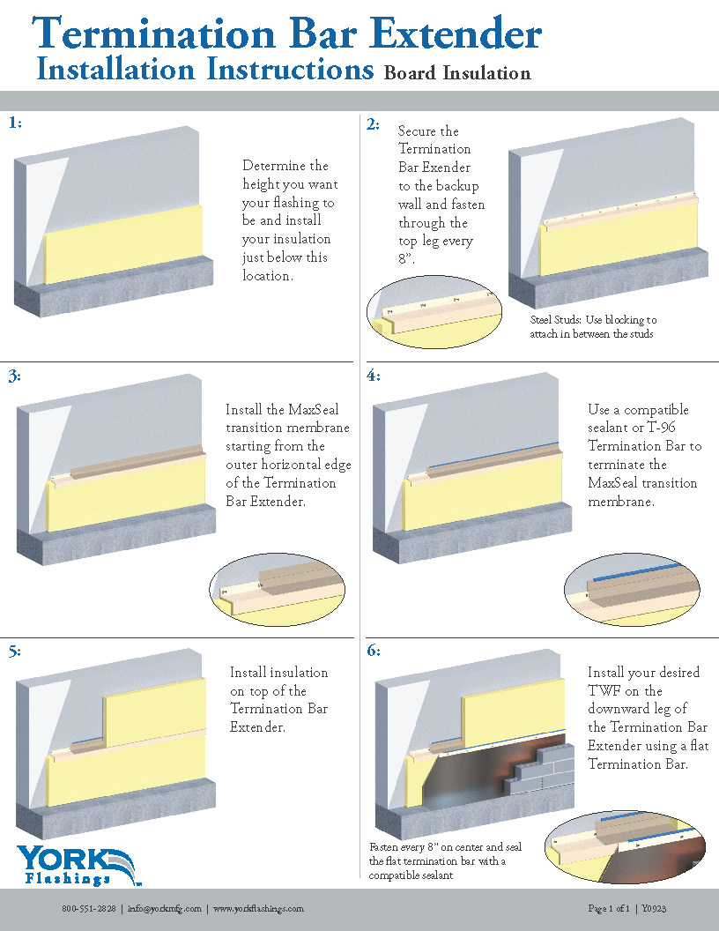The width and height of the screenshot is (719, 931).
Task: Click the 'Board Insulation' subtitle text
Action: coord(457,73)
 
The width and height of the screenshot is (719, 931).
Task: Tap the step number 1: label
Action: coord(15,123)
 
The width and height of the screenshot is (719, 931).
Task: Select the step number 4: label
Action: coord(374,376)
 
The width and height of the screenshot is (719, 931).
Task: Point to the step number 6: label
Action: coord(374,651)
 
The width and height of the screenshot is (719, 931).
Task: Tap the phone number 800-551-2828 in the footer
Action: coord(88,909)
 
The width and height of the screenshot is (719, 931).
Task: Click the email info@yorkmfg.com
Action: coord(165,909)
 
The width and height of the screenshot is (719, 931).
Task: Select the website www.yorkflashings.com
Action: coord(258,909)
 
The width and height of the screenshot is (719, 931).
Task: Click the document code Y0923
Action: coord(653,909)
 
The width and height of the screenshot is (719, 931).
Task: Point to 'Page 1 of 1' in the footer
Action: coord(609,909)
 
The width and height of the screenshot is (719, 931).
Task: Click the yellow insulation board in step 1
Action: coord(123,247)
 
